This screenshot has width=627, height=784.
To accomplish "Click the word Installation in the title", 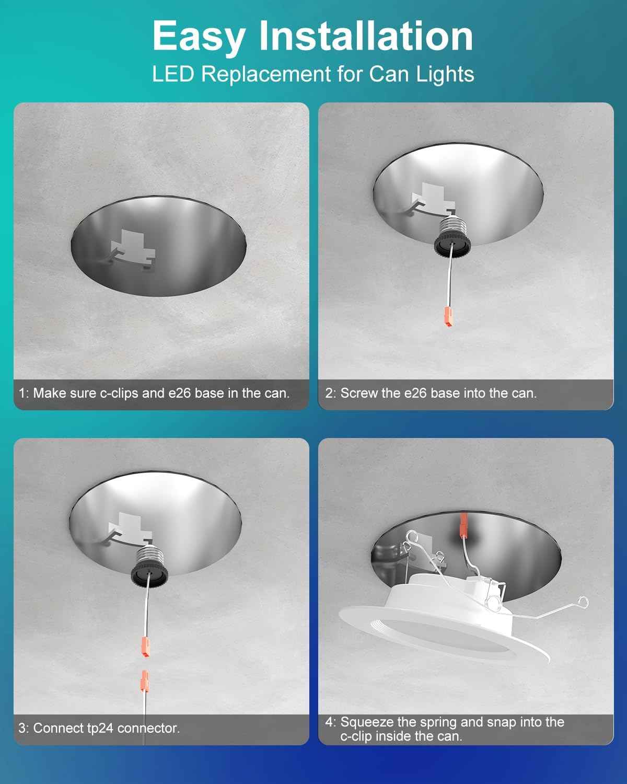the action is pos(366,36).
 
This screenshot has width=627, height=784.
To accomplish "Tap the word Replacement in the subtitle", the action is pos(266,74).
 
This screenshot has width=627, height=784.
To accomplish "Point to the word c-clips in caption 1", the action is pos(119,394).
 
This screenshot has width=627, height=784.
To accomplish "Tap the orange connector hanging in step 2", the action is pos(448,316).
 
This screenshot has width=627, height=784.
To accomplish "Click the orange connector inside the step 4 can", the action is pos(463,526).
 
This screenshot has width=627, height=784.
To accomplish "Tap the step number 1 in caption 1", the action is pos(22,394).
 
